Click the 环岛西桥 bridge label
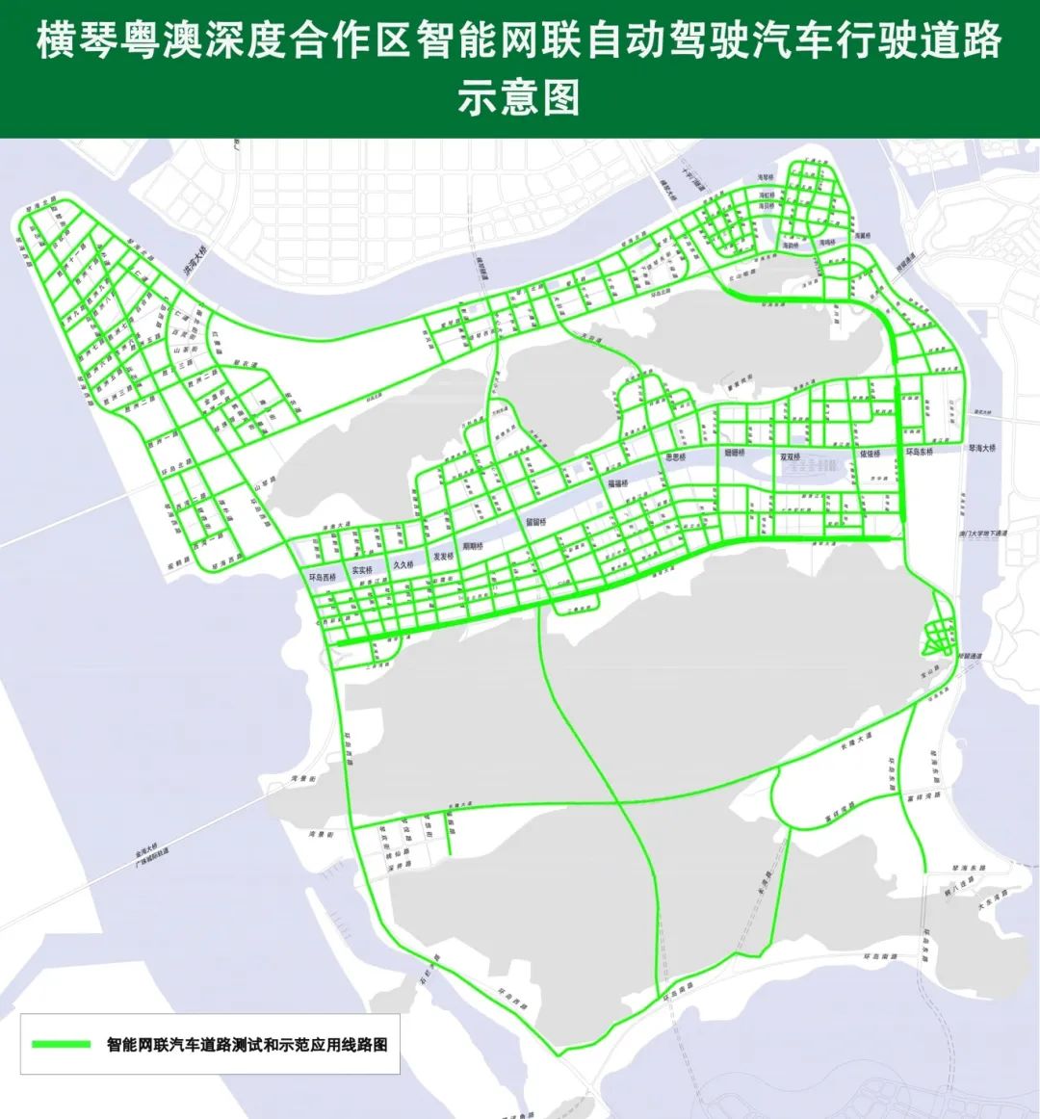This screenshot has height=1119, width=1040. coord(323,578)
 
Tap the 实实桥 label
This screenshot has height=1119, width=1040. coord(362,570)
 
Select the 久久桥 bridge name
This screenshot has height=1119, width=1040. coord(403,564)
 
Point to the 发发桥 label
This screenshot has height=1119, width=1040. coord(443,557)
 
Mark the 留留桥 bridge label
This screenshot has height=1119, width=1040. coord(535,521)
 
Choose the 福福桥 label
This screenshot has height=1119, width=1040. coord(617,482)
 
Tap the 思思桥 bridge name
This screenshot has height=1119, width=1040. coord(676,457)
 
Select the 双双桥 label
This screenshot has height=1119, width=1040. coord(793,456)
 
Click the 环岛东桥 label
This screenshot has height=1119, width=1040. coord(920,451)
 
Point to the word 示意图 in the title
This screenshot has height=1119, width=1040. coord(519,99)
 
